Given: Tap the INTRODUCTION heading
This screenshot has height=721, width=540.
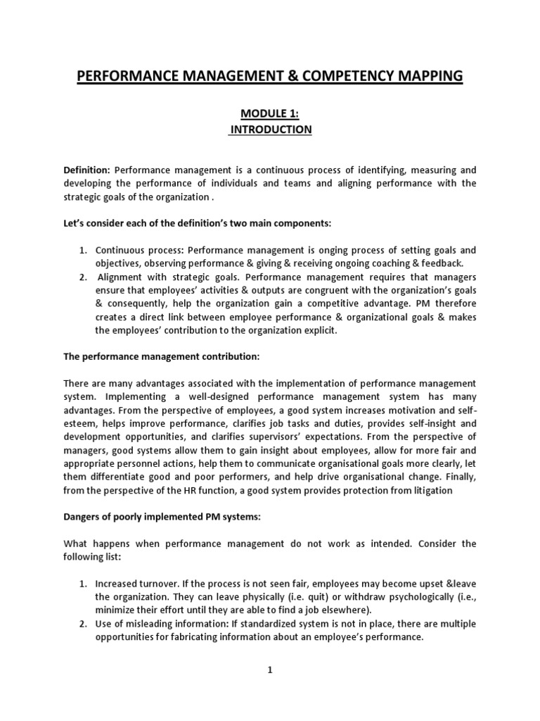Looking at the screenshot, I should [271, 130].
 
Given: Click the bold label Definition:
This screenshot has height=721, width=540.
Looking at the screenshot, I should [87, 170].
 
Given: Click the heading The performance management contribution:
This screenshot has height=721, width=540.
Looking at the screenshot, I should [162, 357].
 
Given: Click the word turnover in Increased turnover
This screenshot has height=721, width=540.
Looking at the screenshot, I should [160, 584].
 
